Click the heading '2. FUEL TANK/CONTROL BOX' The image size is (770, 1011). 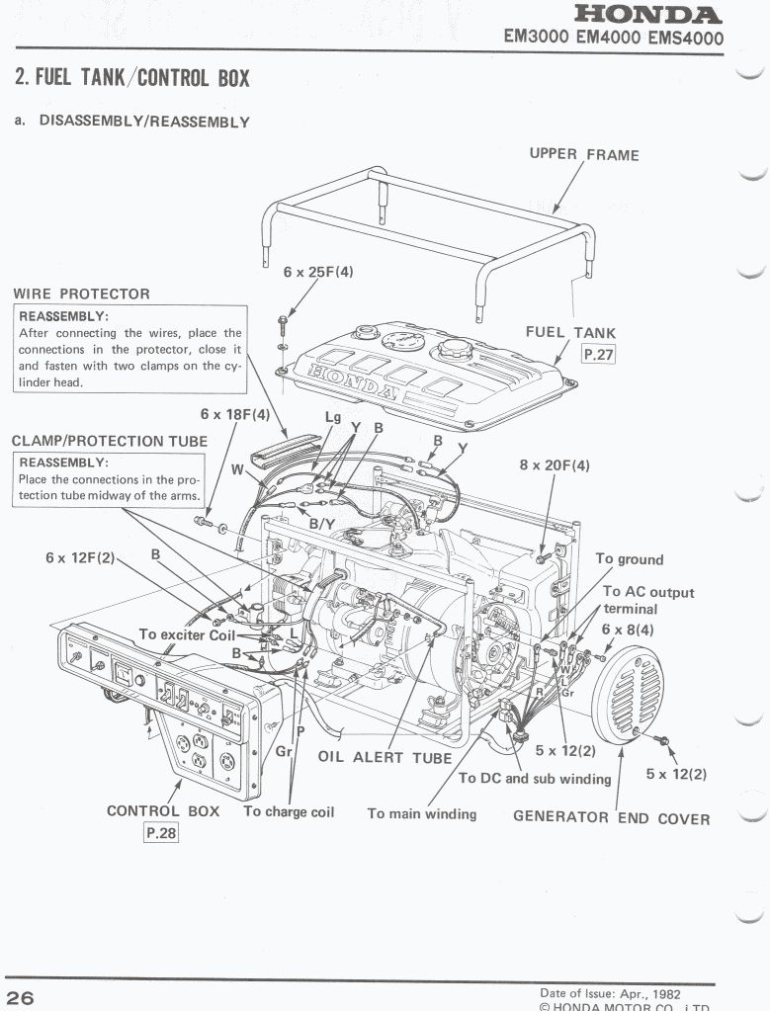pos(132,76)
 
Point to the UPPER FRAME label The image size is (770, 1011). pos(583,154)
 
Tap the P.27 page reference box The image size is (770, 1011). pos(598,354)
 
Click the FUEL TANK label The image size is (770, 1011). pos(570,333)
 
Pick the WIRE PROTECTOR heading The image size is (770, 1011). pos(81,294)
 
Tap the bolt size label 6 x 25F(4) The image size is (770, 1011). pos(317,271)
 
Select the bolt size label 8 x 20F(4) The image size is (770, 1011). pos(554,464)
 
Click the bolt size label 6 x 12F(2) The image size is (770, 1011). pos(80,557)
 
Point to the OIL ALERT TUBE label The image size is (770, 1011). pos(385,758)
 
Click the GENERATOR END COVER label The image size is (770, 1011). pos(611,817)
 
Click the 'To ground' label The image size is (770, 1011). pos(629,559)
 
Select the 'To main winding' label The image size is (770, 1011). pos(421,813)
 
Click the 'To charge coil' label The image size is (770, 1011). pos(289,811)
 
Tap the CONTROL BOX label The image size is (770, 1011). pos(163,811)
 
